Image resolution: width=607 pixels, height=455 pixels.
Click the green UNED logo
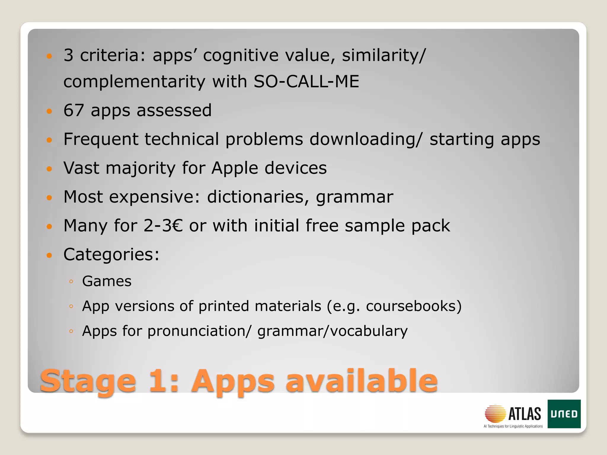(x=564, y=414)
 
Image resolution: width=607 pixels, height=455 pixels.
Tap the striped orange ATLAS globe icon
(x=495, y=414)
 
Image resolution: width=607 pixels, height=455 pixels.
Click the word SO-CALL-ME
(x=306, y=81)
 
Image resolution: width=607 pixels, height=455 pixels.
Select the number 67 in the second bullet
(x=74, y=110)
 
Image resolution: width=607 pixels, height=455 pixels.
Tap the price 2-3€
(x=163, y=226)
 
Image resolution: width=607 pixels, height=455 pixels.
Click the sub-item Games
(x=107, y=281)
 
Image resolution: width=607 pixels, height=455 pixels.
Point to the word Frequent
(x=101, y=139)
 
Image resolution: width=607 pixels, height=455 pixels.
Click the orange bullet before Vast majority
(x=49, y=169)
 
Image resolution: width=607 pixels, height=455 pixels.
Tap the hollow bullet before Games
(x=71, y=282)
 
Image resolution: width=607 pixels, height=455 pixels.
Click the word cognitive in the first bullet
(x=241, y=55)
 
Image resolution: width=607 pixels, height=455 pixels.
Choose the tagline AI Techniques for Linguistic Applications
(x=513, y=427)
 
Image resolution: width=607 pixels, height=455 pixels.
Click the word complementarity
(x=134, y=82)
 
